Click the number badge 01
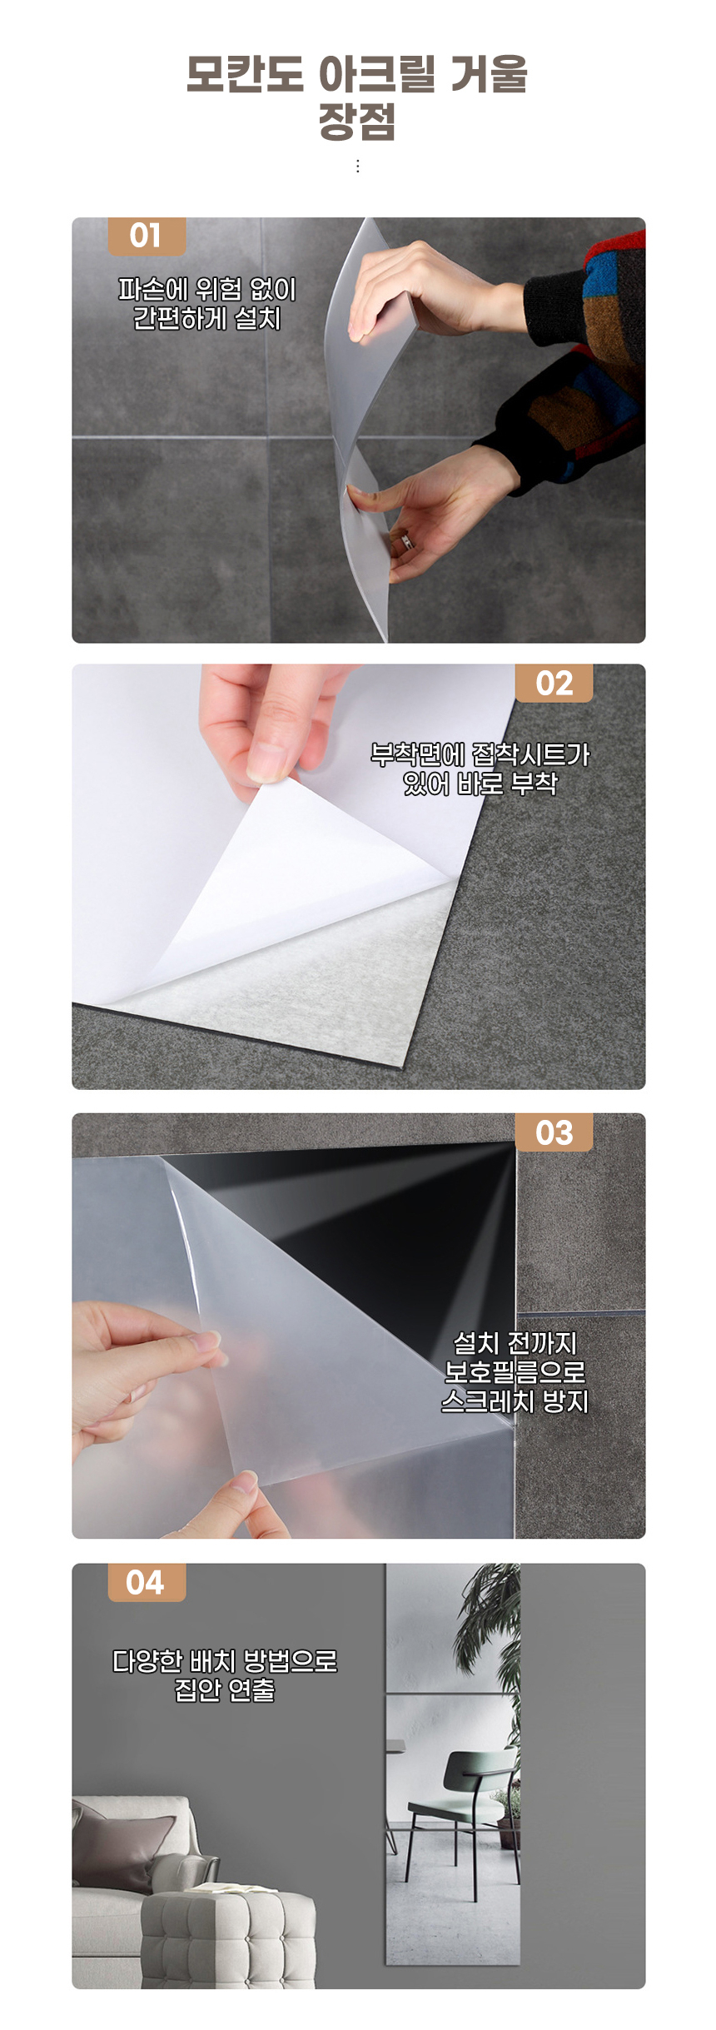tap(147, 236)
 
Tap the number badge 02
tap(554, 684)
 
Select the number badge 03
tap(554, 1132)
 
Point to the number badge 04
tap(147, 1582)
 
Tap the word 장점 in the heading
tap(357, 122)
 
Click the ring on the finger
tap(406, 541)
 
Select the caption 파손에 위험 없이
tap(207, 289)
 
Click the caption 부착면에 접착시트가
tap(480, 754)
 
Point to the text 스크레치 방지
tap(515, 1401)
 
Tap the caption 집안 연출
tap(225, 1689)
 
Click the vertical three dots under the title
tap(358, 167)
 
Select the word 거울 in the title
tap(490, 74)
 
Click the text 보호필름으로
tap(515, 1371)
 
